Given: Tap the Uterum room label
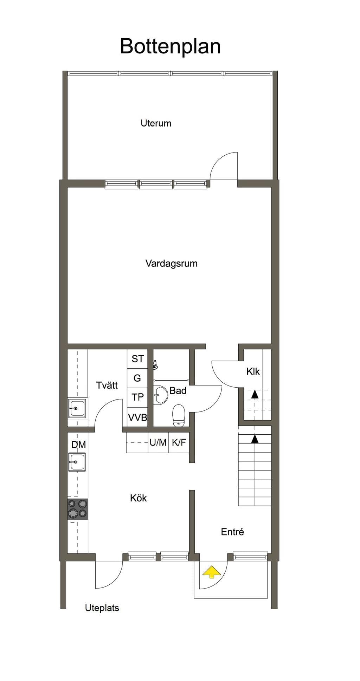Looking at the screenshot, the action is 156,123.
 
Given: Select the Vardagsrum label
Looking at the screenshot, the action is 171,264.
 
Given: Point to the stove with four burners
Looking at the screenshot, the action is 78,509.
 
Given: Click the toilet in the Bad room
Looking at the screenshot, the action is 179,416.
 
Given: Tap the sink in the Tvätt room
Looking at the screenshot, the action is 77,408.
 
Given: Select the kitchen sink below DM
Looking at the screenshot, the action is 77,462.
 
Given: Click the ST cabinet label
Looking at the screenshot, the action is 137,359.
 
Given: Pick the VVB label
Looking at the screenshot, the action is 137,417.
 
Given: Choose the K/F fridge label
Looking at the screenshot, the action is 179,442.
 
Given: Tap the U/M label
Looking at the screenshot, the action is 158,442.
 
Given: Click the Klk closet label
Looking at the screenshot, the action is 253,371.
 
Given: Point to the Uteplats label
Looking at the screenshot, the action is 102,608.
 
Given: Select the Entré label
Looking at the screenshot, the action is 232,532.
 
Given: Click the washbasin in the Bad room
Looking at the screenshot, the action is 160,395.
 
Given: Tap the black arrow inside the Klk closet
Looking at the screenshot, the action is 255,394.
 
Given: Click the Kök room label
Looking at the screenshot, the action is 138,498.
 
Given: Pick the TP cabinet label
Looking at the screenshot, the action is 137,397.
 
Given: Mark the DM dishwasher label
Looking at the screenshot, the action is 78,445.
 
